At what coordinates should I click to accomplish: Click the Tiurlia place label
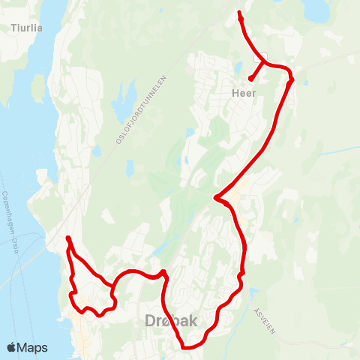[x=27, y=28]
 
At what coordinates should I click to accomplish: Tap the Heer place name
[x=244, y=93]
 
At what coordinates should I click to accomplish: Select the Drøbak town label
[x=170, y=321]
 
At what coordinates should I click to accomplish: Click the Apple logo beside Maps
[x=12, y=347]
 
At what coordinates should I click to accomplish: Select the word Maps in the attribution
[x=33, y=347]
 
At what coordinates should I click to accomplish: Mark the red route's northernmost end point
[x=238, y=13]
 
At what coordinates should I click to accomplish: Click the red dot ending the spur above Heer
[x=250, y=78]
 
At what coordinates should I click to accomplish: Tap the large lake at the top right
[x=316, y=10]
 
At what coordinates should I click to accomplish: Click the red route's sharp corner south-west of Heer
[x=215, y=198]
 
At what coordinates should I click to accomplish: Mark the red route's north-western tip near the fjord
[x=67, y=238]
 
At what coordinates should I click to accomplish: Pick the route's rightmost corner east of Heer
[x=292, y=78]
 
